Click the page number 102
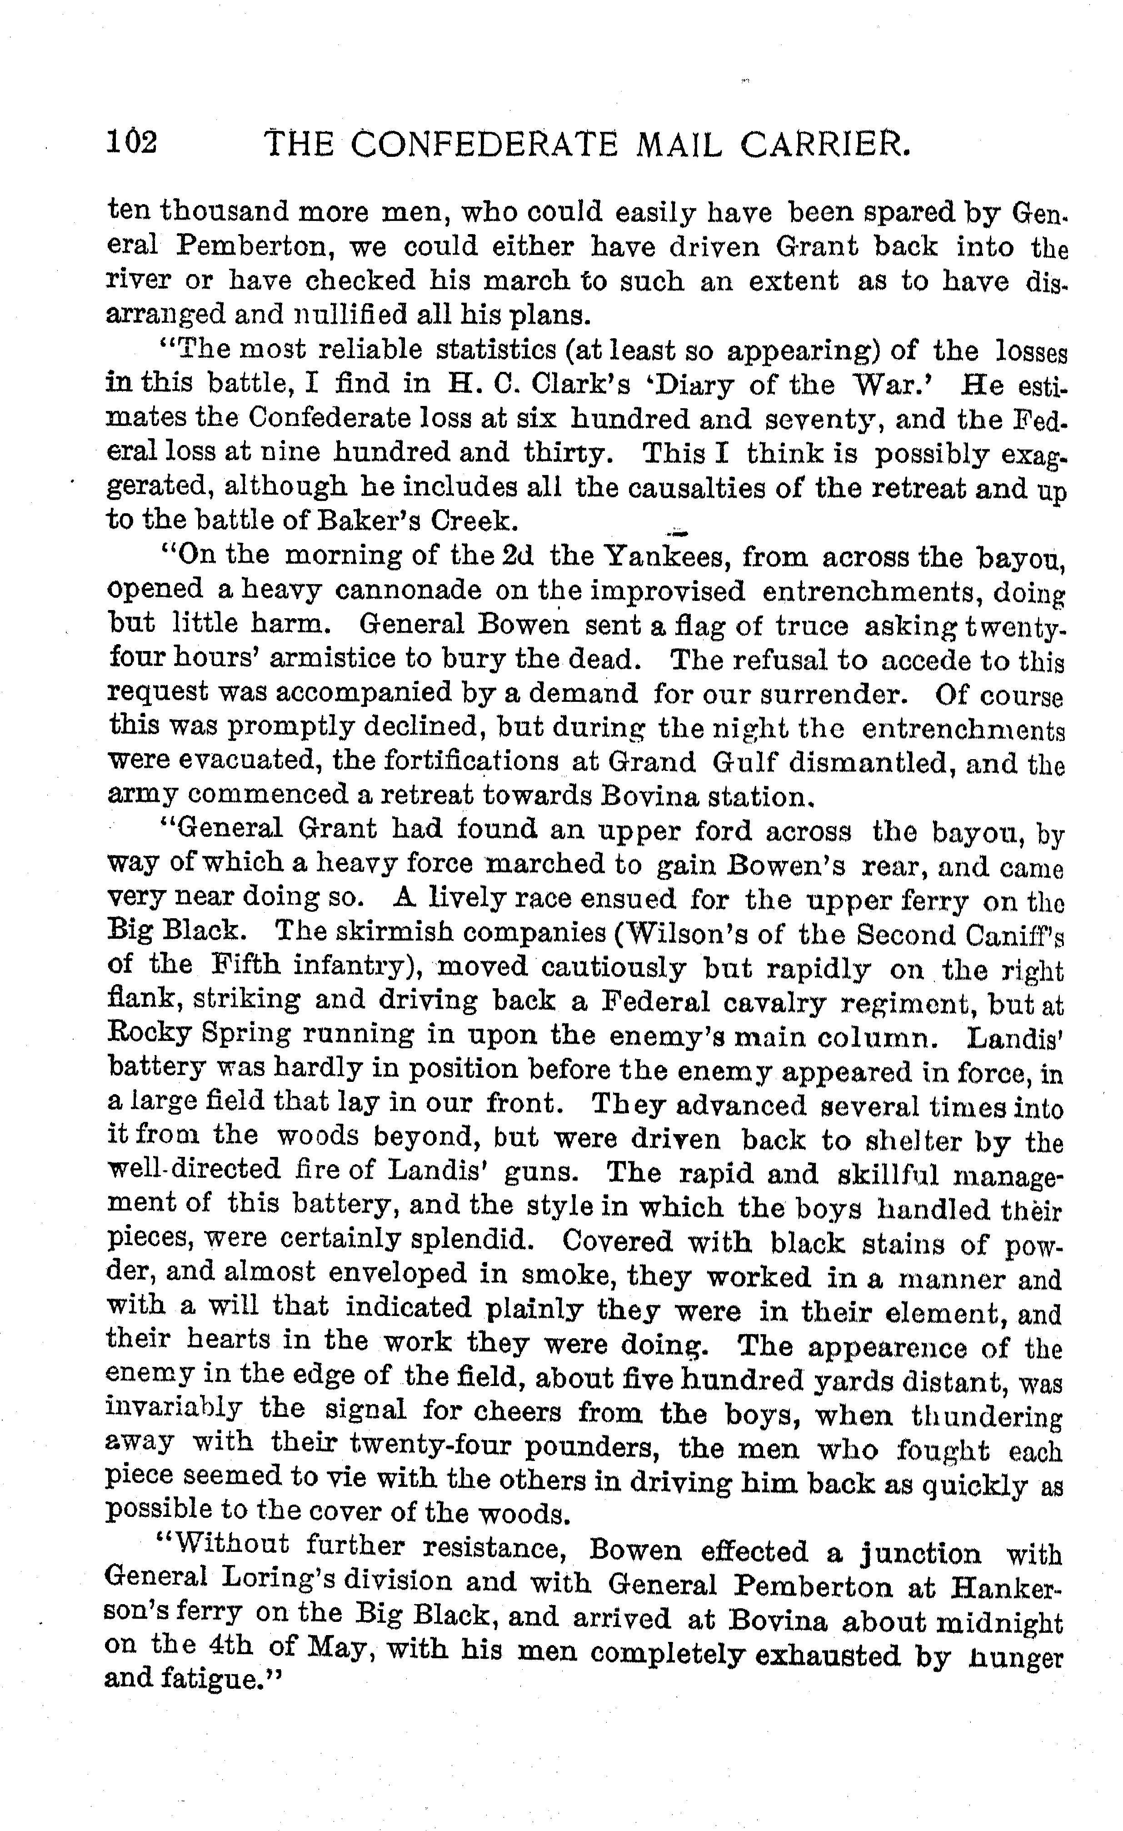tap(131, 142)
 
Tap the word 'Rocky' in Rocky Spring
tap(150, 1035)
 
